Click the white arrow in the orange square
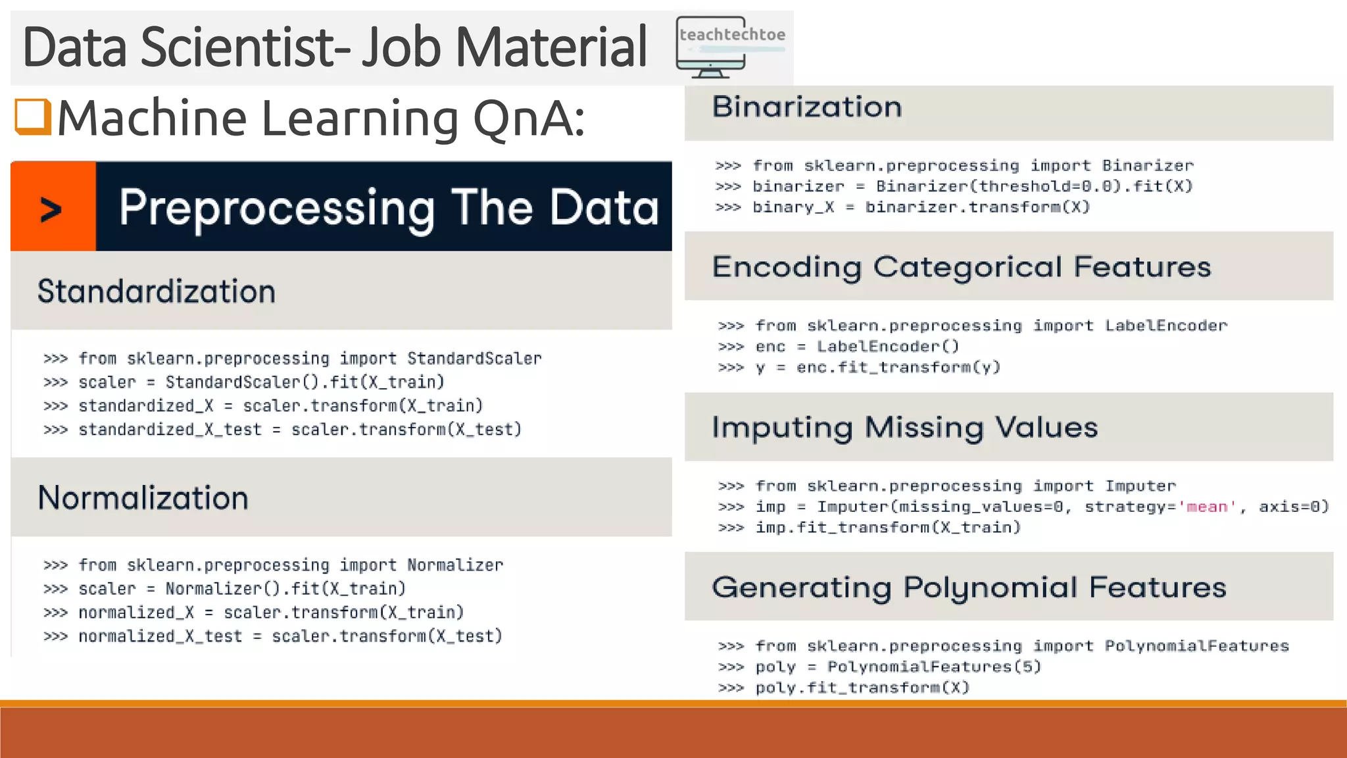[x=51, y=210]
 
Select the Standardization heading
[x=157, y=291]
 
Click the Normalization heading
[x=143, y=498]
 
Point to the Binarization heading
[x=807, y=107]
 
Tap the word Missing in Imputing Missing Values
[x=924, y=428]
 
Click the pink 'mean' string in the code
[x=1207, y=507]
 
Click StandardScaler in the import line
[x=474, y=359]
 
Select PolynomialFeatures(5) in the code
[x=934, y=667]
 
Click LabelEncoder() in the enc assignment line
[x=888, y=347]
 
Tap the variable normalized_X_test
[x=160, y=636]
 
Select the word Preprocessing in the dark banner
[x=276, y=209]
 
